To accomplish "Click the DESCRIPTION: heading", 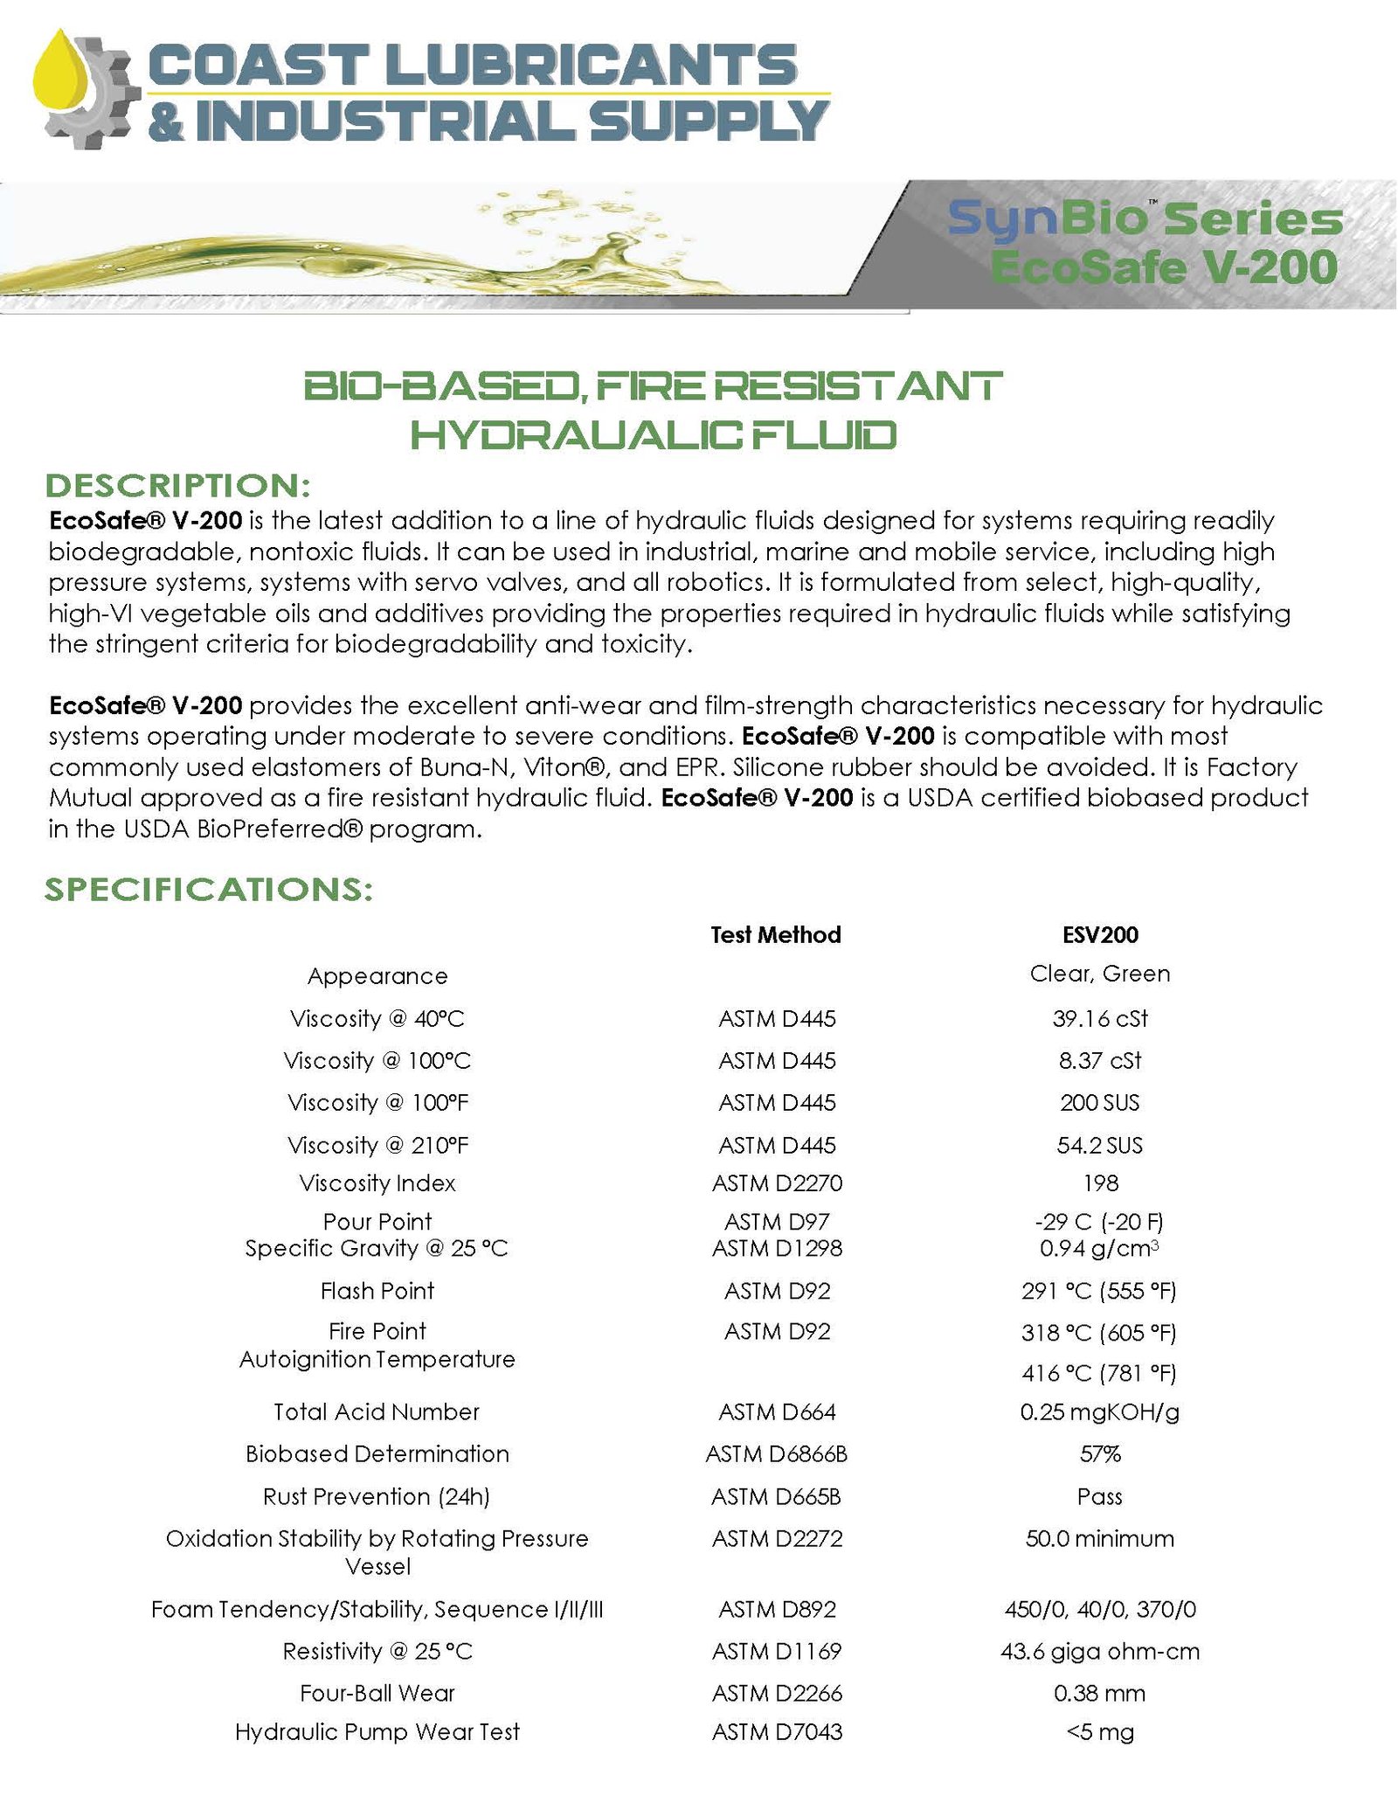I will point(177,486).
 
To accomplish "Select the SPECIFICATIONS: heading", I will point(209,889).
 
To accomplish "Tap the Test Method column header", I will point(775,934).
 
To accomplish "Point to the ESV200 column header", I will point(1100,934).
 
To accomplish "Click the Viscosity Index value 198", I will point(1100,1183).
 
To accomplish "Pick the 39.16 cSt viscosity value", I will point(1100,1018).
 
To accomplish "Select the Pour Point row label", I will point(377,1221).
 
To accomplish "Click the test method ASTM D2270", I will point(777,1183).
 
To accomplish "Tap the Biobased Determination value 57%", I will point(1100,1453).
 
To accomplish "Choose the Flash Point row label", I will point(377,1290).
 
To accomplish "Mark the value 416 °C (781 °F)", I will point(1099,1373).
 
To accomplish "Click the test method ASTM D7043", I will point(777,1731).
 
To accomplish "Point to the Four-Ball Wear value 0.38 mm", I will point(1099,1693).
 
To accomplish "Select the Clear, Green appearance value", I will point(1100,974).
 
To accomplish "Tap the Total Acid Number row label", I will point(377,1411).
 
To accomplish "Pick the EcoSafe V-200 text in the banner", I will point(1163,267).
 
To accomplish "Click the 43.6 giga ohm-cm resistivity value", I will point(1100,1651).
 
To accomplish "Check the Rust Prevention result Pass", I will point(1099,1496).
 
